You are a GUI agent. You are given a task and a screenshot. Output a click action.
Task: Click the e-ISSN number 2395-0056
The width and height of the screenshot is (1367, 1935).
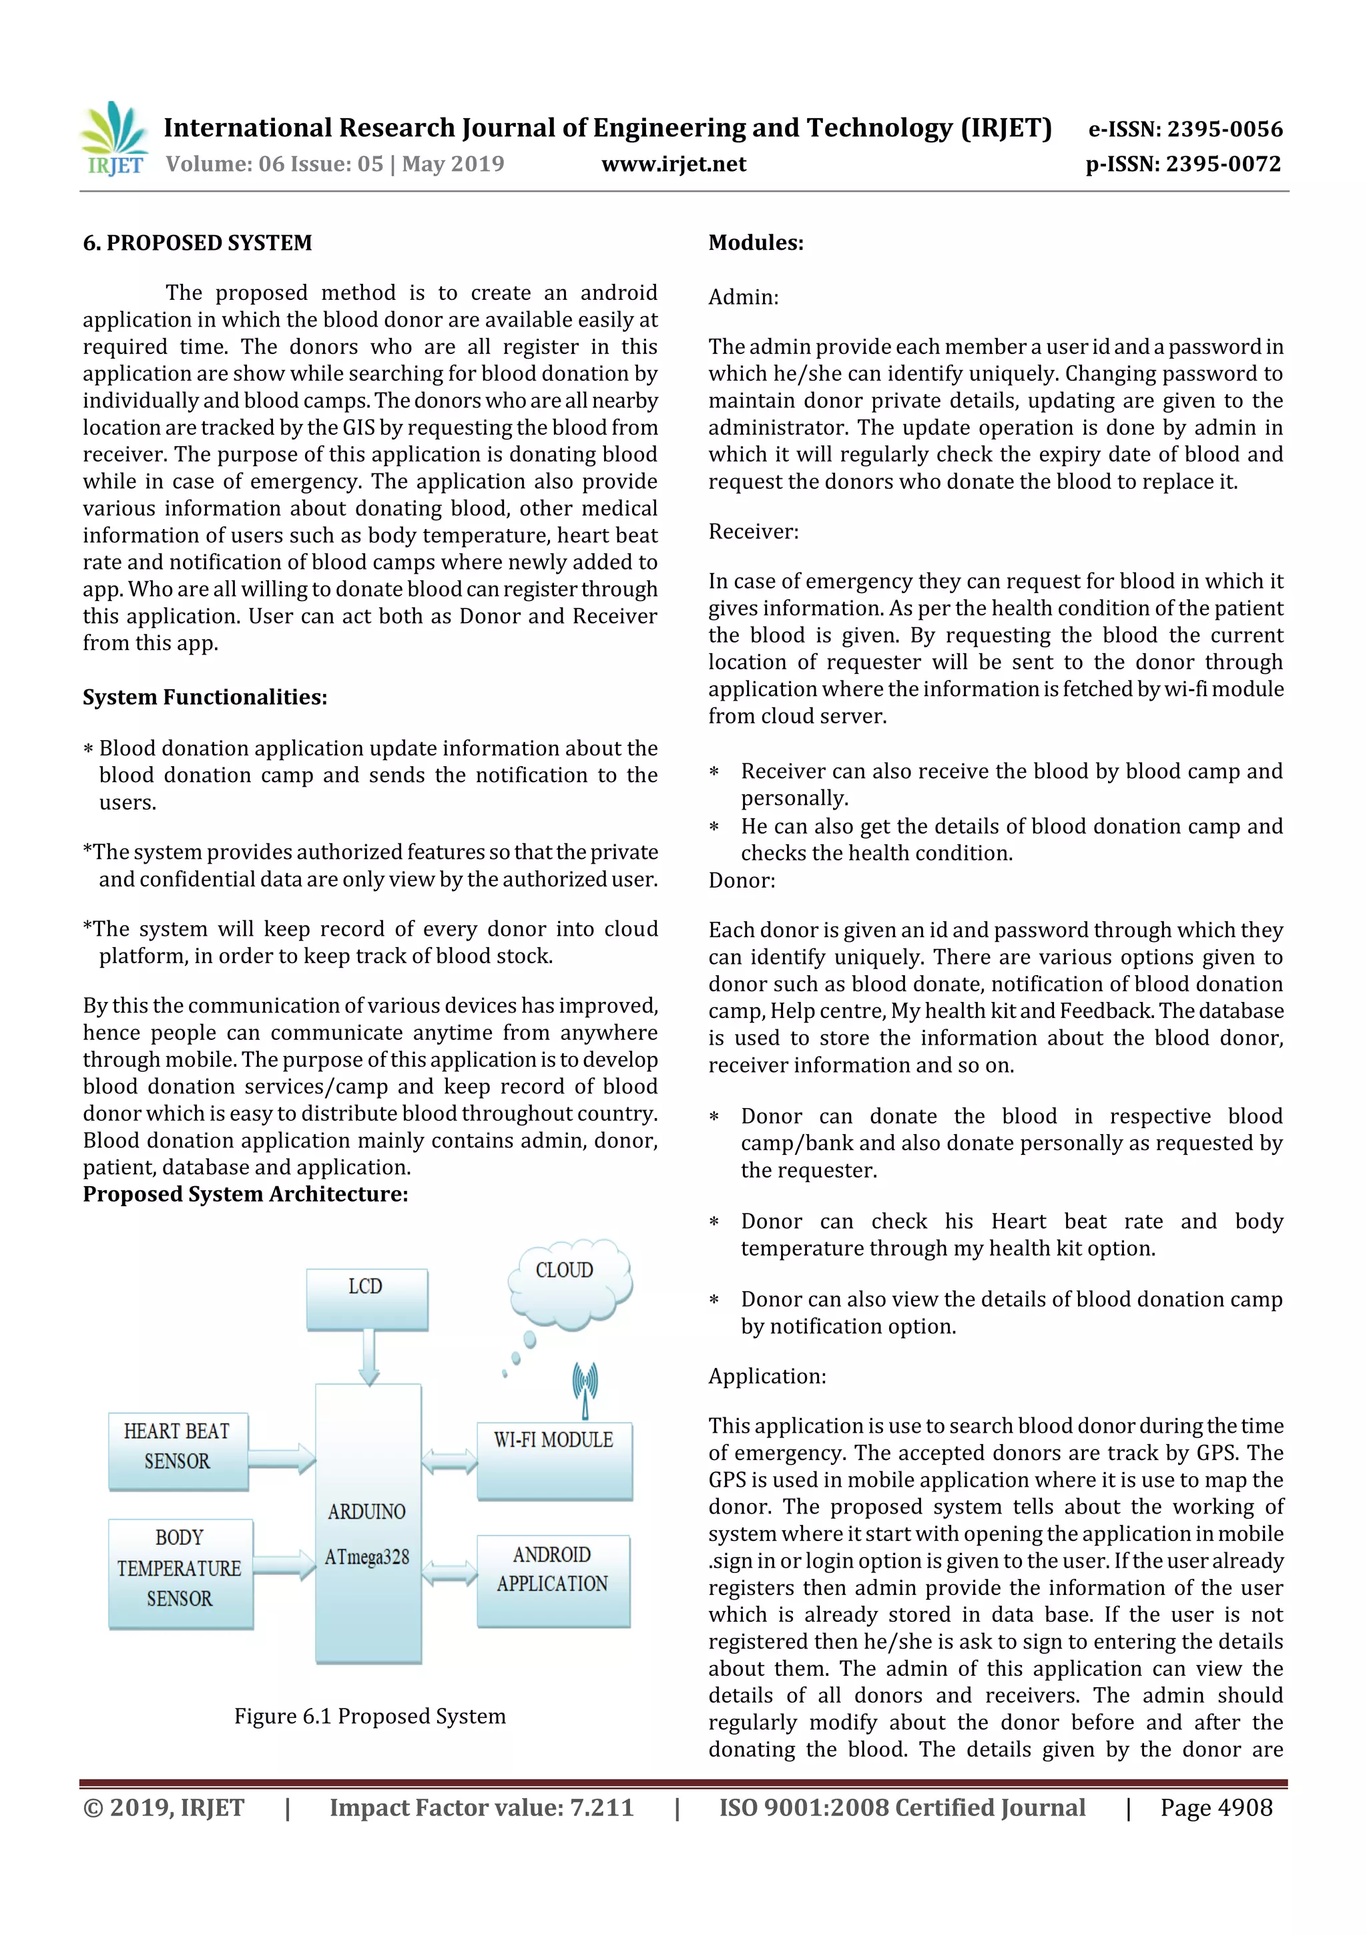[x=1185, y=129]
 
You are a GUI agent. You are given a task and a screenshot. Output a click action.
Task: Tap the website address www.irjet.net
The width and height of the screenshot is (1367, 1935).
[x=673, y=164]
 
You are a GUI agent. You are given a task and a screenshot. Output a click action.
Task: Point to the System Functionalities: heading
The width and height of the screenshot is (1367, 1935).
[x=205, y=697]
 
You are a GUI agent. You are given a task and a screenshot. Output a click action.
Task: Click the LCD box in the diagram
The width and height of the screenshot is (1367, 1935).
[x=366, y=1298]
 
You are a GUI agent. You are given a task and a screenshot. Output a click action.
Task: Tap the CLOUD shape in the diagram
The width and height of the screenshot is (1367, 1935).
[x=567, y=1280]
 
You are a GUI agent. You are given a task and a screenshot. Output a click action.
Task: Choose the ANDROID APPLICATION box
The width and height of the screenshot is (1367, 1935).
[x=553, y=1580]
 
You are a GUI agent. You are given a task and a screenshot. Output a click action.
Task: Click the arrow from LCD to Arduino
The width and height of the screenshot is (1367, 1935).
[x=368, y=1357]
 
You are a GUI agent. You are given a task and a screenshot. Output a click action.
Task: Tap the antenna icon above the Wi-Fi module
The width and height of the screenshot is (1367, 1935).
[x=585, y=1389]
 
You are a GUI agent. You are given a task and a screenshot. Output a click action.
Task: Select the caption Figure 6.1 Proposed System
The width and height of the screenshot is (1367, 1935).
[x=370, y=1717]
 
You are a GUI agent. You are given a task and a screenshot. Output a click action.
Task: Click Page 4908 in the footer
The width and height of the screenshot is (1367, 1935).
[x=1215, y=1807]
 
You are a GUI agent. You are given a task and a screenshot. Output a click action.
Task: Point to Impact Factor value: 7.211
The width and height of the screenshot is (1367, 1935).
[x=481, y=1807]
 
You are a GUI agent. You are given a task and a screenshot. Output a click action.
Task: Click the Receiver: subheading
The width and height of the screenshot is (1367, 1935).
[x=753, y=531]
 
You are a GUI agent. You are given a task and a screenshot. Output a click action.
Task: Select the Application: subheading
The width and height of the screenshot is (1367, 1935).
[x=766, y=1376]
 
